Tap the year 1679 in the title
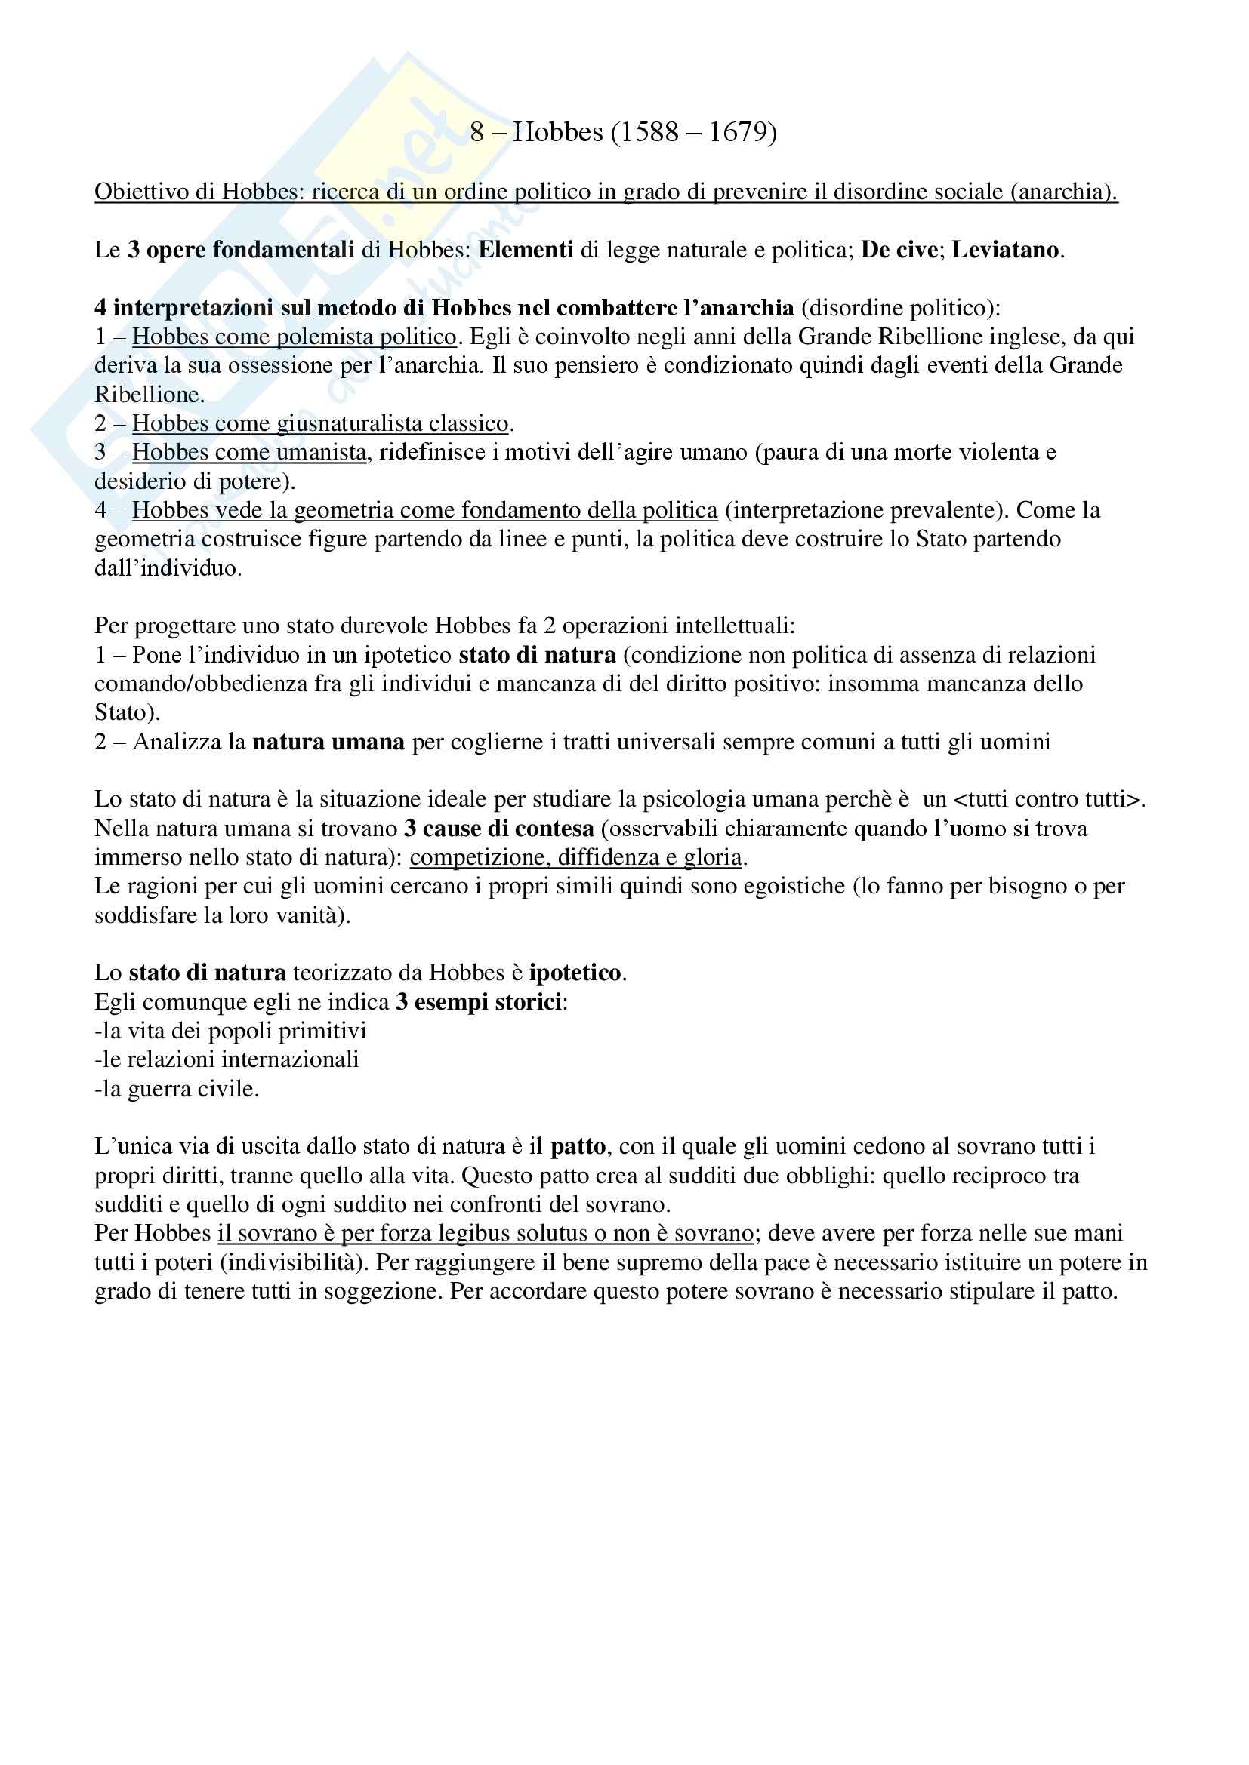[x=742, y=133]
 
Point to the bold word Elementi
[x=526, y=250]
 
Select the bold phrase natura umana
[x=328, y=742]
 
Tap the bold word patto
[x=578, y=1147]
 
